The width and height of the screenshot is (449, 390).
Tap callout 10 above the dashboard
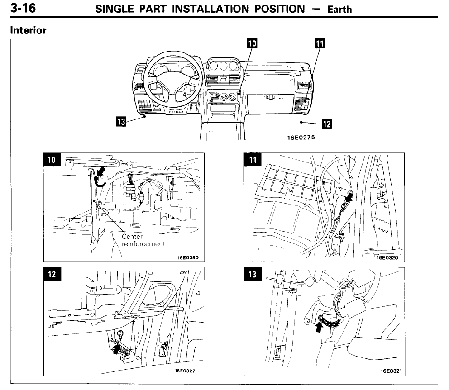(252, 43)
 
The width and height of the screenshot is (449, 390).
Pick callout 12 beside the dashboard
(326, 124)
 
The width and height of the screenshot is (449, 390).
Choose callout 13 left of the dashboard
(121, 121)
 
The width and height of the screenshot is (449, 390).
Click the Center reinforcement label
(143, 240)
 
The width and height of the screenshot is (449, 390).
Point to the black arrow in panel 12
(117, 349)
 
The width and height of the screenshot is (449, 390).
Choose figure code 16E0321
(391, 371)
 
